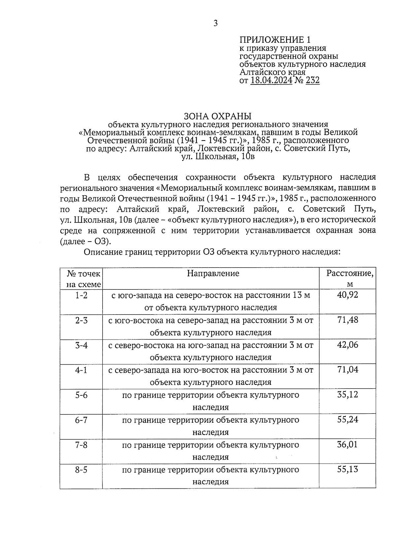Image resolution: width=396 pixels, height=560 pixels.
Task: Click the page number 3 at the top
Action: pyautogui.click(x=215, y=23)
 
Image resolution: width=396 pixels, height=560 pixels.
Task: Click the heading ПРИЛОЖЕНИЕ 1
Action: pyautogui.click(x=275, y=40)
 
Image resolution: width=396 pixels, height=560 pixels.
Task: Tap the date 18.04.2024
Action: pyautogui.click(x=271, y=80)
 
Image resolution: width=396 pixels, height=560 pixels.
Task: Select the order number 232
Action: pyautogui.click(x=313, y=80)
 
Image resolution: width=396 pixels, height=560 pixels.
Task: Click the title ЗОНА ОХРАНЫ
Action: pyautogui.click(x=217, y=116)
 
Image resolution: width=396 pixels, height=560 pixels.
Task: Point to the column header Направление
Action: pyautogui.click(x=213, y=273)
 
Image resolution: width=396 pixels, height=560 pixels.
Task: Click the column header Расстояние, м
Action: pyautogui.click(x=350, y=279)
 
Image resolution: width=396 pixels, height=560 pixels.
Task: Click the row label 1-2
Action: pyautogui.click(x=81, y=295)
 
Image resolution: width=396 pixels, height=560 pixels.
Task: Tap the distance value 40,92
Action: pyautogui.click(x=347, y=294)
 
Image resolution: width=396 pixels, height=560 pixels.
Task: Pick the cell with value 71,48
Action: pyautogui.click(x=347, y=320)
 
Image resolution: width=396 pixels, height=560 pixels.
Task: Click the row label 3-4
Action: pyautogui.click(x=81, y=345)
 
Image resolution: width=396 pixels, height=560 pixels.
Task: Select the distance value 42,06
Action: pyautogui.click(x=347, y=345)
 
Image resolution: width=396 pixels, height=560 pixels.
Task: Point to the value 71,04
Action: pyautogui.click(x=347, y=370)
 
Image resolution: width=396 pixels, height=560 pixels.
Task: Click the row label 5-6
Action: pyautogui.click(x=81, y=395)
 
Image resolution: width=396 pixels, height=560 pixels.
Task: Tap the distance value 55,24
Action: pyautogui.click(x=347, y=419)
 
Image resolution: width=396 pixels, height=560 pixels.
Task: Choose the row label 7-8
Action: pyautogui.click(x=81, y=445)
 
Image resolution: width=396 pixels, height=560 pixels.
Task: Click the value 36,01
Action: pyautogui.click(x=347, y=445)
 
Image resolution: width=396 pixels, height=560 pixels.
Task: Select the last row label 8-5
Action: pyautogui.click(x=81, y=470)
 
